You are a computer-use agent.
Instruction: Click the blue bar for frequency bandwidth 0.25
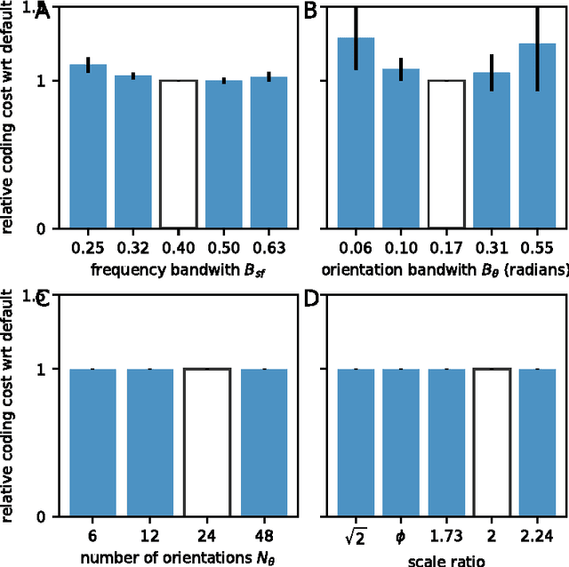tap(87, 147)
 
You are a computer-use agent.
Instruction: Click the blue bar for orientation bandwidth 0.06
tap(356, 133)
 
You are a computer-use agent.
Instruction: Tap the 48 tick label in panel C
tap(264, 537)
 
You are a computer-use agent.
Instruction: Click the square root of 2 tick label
tap(356, 536)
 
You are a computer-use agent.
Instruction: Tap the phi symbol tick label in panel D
tap(401, 538)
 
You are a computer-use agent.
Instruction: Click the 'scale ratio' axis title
tap(446, 560)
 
